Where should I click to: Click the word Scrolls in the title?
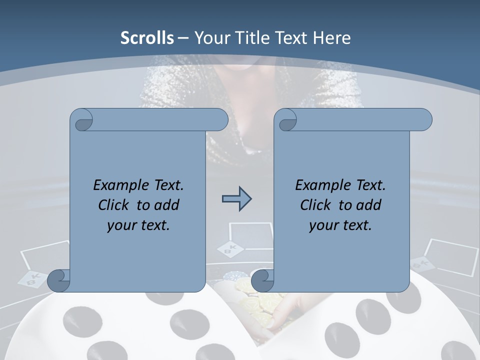click(x=147, y=38)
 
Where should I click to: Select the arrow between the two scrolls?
click(x=236, y=199)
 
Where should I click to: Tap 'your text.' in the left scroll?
click(x=138, y=225)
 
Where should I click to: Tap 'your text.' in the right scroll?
click(x=340, y=225)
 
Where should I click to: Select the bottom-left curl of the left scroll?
click(x=58, y=281)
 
